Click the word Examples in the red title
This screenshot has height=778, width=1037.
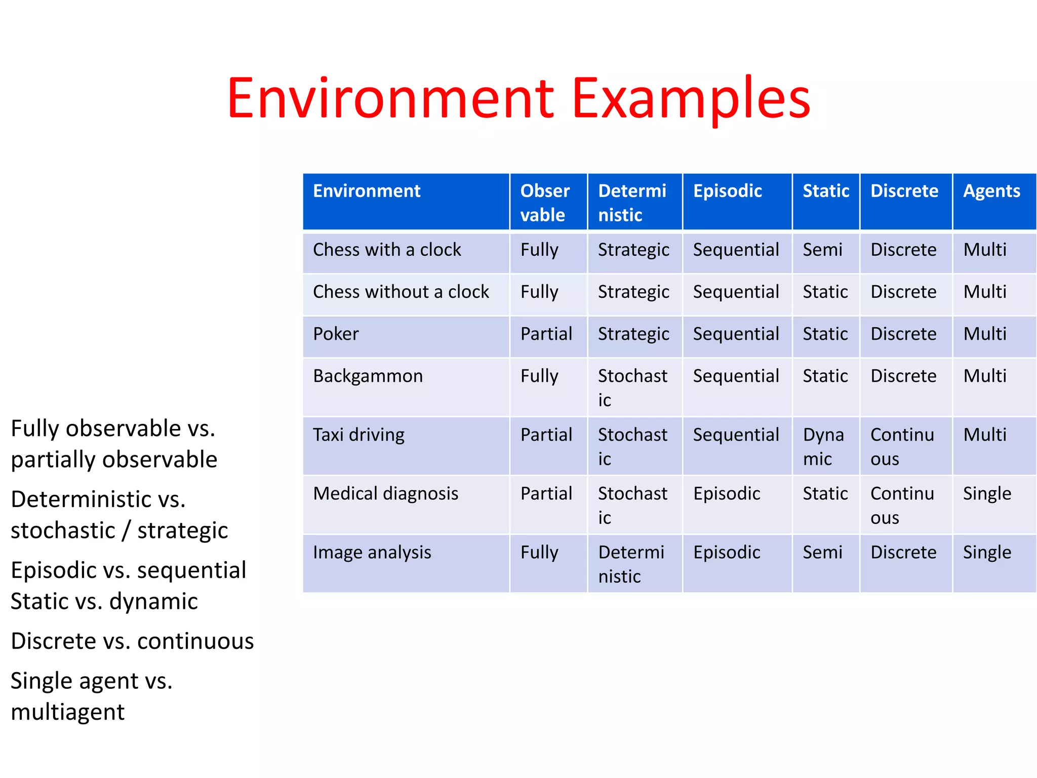click(x=691, y=99)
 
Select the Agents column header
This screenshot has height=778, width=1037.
click(x=991, y=191)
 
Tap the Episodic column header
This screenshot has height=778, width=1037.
click(x=727, y=191)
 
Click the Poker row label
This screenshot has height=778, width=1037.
click(x=336, y=334)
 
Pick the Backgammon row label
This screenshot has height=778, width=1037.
click(x=368, y=376)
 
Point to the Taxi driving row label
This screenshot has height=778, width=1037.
click(x=358, y=435)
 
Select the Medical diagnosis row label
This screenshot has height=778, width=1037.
click(x=385, y=493)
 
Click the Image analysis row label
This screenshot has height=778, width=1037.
click(x=372, y=552)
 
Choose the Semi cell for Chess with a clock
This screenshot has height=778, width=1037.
click(x=822, y=250)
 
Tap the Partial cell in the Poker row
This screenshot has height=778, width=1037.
click(x=546, y=334)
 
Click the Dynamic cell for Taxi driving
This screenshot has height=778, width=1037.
click(x=823, y=446)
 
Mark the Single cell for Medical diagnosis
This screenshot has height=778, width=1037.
click(x=987, y=493)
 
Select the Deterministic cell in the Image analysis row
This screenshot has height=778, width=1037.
click(x=631, y=564)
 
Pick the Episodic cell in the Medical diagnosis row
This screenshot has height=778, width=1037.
click(x=727, y=493)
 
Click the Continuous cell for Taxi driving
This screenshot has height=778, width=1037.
click(x=902, y=446)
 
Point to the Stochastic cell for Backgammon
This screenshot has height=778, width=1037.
click(x=632, y=387)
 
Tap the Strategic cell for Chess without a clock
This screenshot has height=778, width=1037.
click(x=633, y=292)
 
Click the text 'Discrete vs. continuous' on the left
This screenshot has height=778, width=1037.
click(x=132, y=641)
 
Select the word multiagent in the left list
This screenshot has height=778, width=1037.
click(x=67, y=712)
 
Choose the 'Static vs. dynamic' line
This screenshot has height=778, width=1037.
click(x=104, y=601)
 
